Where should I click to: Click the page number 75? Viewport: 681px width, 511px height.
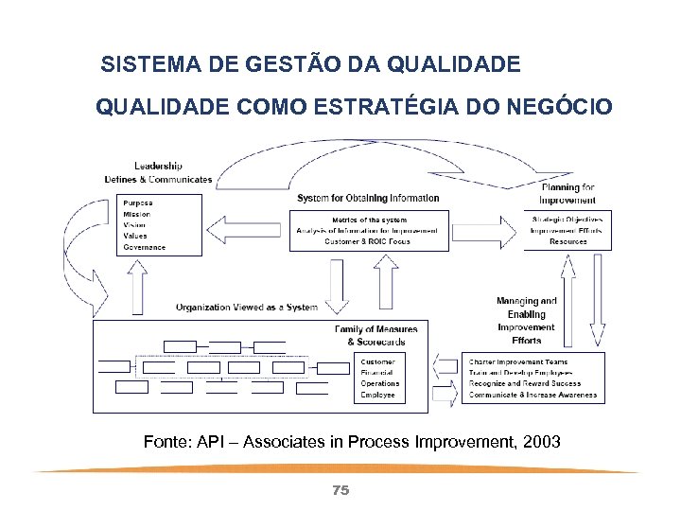(x=340, y=490)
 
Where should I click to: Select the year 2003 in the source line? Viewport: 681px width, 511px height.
(x=538, y=442)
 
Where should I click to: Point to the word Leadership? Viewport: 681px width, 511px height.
(x=157, y=167)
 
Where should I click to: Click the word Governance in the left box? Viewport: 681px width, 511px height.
(x=144, y=248)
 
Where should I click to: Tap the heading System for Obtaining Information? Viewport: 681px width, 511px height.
(x=368, y=198)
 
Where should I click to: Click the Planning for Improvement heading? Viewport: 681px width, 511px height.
(x=567, y=193)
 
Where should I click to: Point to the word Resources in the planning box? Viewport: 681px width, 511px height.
(x=567, y=242)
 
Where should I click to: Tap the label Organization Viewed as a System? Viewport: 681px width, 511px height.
(x=247, y=308)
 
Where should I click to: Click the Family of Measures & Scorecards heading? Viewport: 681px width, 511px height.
(x=375, y=335)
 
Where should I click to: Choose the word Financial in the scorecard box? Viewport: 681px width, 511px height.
(x=377, y=373)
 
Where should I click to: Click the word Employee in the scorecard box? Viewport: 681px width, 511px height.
(x=377, y=396)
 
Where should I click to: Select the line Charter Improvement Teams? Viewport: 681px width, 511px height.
(x=517, y=361)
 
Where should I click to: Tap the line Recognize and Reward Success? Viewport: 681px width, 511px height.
(x=525, y=384)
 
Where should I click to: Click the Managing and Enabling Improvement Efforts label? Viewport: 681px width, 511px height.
(x=527, y=320)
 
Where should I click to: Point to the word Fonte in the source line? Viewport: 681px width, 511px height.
(x=165, y=442)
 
